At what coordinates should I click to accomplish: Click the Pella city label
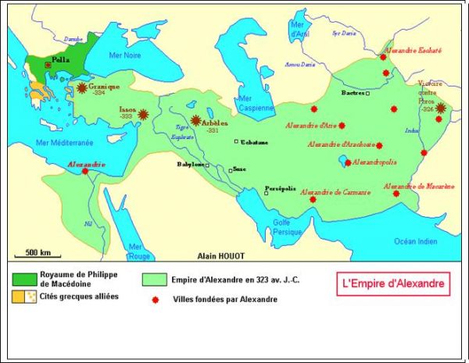coord(59,59)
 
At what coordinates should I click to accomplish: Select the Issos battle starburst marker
coord(143,115)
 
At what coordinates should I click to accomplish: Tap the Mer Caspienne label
coord(256,104)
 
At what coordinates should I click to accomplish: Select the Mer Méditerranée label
coord(64,143)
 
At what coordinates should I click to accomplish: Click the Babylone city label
coord(192,165)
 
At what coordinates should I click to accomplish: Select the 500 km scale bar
coord(38,257)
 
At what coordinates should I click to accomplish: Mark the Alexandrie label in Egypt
coord(86,165)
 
